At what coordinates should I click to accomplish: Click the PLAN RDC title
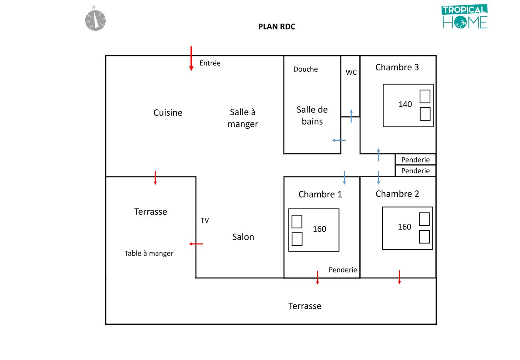277,27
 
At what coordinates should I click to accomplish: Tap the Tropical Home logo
465,17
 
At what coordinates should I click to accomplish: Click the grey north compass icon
95,20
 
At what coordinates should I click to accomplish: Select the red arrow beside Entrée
191,58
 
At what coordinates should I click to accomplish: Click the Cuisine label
168,113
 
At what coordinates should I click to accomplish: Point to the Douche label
306,69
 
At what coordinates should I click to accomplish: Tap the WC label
351,73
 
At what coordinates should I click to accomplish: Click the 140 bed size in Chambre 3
405,104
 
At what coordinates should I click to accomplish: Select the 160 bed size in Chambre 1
320,229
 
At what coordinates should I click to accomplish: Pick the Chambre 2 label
397,194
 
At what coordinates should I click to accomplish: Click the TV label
205,220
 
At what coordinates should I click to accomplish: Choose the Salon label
243,237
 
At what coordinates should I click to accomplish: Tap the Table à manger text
149,253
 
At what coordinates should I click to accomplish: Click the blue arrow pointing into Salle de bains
339,140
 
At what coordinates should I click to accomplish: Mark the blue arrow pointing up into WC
351,116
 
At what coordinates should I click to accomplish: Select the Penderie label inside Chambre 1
343,270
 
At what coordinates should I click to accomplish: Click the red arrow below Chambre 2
399,277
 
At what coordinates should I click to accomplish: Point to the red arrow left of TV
196,244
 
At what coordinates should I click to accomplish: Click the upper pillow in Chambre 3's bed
425,96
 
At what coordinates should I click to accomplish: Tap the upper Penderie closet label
416,160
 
